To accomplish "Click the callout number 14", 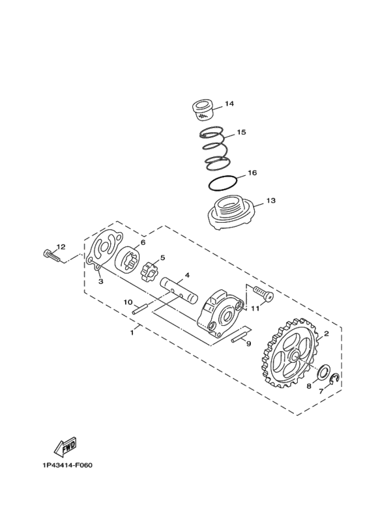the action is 229,104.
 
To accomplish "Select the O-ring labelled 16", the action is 223,183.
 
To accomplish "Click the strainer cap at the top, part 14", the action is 203,111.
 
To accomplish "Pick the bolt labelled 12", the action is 51,256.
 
